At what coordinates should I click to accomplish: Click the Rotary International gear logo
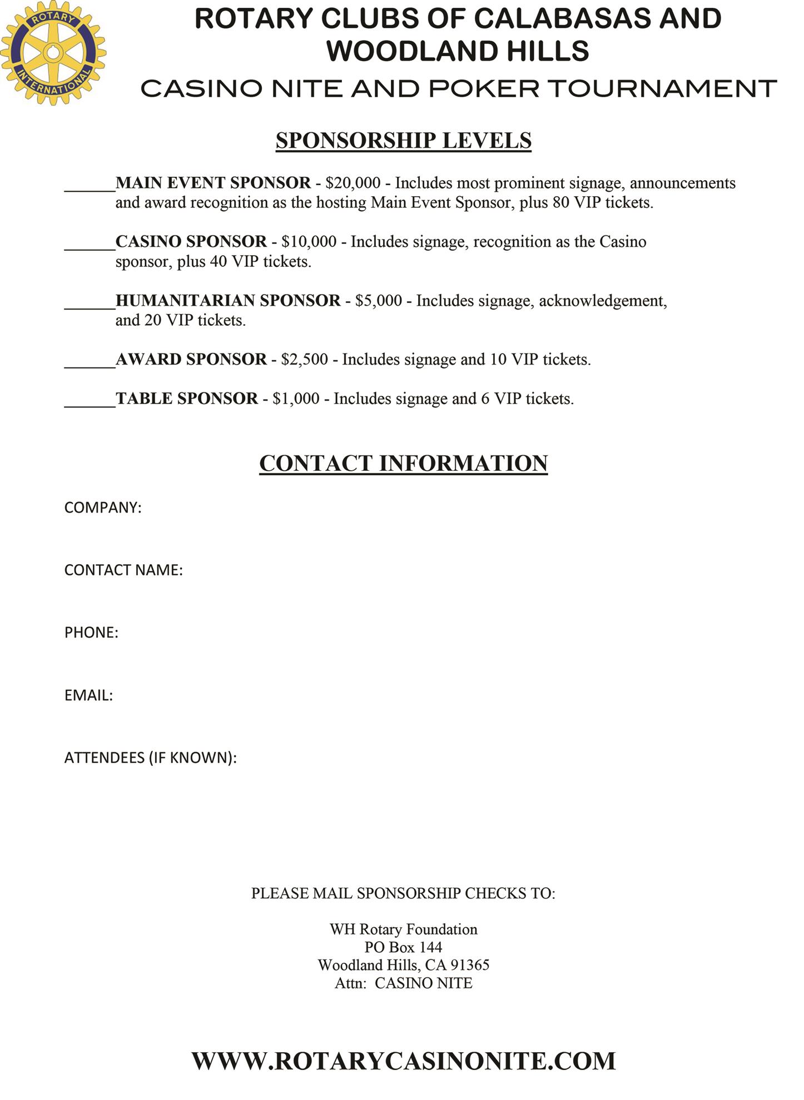(53, 53)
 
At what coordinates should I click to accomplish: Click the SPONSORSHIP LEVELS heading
(403, 141)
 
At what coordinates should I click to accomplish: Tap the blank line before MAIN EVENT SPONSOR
(90, 187)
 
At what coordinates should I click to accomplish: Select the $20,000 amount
(353, 183)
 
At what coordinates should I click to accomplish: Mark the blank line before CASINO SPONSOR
(90, 246)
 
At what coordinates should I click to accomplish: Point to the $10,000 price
(309, 242)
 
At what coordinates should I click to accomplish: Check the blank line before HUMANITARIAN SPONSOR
(90, 305)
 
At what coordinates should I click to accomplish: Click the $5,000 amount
(378, 301)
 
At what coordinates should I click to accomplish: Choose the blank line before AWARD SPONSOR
(90, 364)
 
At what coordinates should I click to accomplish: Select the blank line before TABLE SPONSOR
(90, 403)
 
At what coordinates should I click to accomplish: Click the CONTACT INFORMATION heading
(403, 464)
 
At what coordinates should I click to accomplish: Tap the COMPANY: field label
(103, 508)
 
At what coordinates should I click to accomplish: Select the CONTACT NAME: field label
(123, 570)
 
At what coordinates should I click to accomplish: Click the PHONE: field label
(91, 633)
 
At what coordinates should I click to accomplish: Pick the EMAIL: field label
(88, 696)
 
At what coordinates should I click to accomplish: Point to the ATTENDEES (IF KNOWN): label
(151, 758)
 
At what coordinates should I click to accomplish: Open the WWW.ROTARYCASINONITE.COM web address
(403, 1061)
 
